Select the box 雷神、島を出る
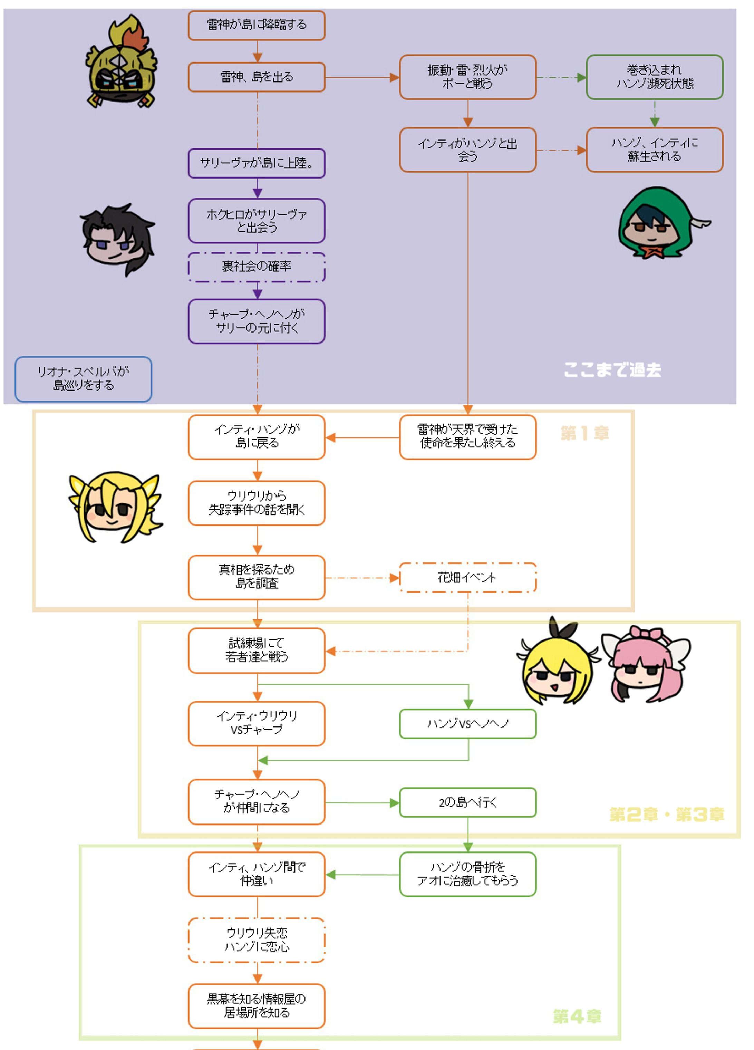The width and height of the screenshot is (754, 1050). click(x=257, y=77)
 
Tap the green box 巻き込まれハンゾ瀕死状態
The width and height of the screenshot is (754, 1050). click(x=654, y=77)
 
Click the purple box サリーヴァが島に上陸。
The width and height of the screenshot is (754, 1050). click(x=257, y=163)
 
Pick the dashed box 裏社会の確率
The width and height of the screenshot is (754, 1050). click(x=257, y=267)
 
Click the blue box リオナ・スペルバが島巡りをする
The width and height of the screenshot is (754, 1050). click(x=83, y=379)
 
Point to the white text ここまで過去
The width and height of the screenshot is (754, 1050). click(x=612, y=369)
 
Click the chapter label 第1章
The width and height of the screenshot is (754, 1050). click(x=584, y=433)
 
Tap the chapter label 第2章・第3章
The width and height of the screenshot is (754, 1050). click(x=667, y=814)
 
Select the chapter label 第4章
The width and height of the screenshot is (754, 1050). click(x=577, y=1016)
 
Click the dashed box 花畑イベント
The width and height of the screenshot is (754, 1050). click(x=467, y=577)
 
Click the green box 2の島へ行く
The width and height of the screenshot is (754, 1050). click(x=467, y=802)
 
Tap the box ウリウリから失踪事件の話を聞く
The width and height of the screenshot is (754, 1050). click(x=257, y=503)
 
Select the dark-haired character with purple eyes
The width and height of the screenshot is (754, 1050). click(x=118, y=239)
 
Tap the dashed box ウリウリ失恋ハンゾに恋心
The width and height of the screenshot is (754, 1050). click(x=257, y=940)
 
